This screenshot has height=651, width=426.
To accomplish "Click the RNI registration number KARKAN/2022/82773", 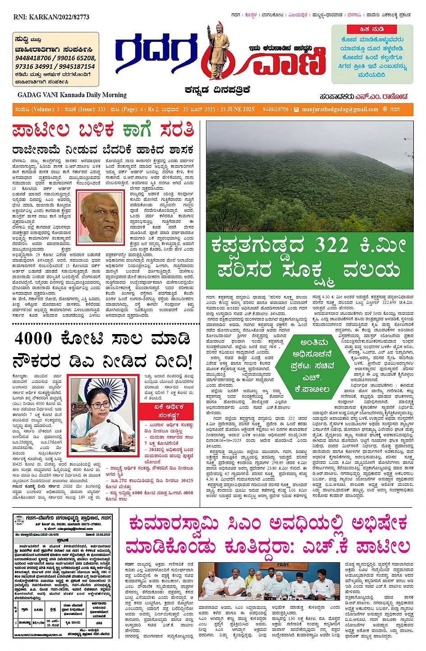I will pyautogui.click(x=51, y=17).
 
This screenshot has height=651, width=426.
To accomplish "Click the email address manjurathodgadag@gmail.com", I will pyautogui.click(x=340, y=109).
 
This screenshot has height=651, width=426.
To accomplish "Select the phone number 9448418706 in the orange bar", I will pyautogui.click(x=275, y=109).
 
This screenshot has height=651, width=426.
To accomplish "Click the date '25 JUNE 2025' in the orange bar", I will pyautogui.click(x=238, y=109).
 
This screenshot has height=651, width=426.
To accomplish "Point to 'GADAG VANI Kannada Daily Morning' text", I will pyautogui.click(x=72, y=95).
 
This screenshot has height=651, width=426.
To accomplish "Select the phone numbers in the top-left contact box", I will pyautogui.click(x=55, y=62).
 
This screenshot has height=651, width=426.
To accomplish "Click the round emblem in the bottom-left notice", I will pyautogui.click(x=19, y=521).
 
